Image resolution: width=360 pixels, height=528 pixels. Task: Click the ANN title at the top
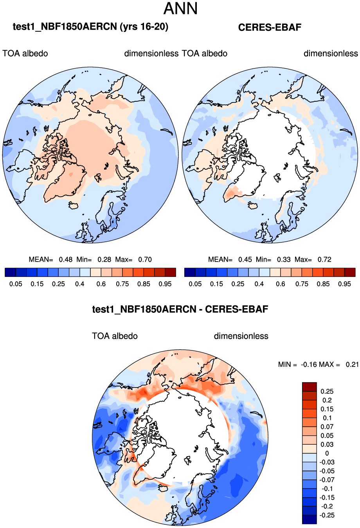tap(180, 9)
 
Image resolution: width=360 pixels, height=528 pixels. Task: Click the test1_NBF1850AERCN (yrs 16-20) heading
tap(90, 27)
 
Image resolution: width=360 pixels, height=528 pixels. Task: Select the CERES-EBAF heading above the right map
tap(270, 27)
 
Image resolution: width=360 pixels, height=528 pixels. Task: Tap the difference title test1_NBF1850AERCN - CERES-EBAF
tap(180, 309)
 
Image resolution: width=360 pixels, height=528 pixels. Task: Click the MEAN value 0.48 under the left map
tap(66, 259)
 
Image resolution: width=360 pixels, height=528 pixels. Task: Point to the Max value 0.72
tap(324, 259)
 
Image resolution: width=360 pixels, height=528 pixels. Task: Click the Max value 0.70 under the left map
tap(145, 259)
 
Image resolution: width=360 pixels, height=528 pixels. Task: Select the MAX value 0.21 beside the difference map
tap(352, 365)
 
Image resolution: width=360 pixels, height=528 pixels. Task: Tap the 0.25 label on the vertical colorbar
tap(327, 392)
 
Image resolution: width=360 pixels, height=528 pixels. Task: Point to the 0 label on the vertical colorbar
tap(327, 453)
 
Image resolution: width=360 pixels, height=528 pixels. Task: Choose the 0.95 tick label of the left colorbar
tap(165, 284)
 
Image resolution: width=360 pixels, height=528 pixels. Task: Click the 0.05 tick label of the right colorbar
tap(195, 284)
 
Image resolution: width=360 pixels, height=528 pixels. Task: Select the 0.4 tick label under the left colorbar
tap(80, 284)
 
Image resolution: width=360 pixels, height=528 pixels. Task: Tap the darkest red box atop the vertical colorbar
tap(309, 387)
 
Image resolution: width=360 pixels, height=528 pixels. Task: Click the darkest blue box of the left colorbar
tap(10, 272)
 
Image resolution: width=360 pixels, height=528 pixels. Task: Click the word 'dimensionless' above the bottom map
tap(241, 336)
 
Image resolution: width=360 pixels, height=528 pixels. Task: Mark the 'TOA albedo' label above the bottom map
tap(115, 336)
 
